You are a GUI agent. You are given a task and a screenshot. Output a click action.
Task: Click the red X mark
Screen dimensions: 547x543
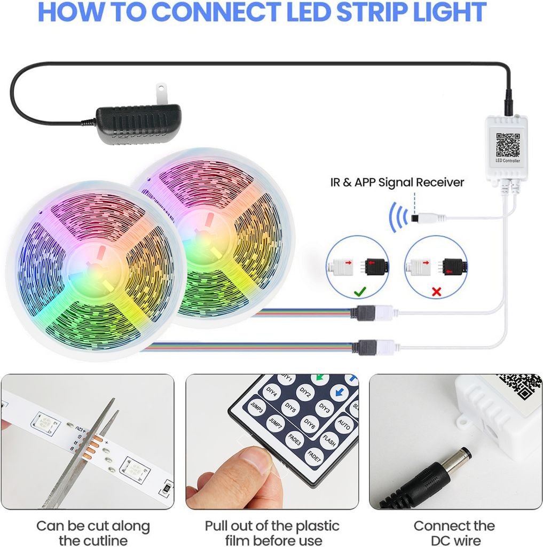[x=436, y=292]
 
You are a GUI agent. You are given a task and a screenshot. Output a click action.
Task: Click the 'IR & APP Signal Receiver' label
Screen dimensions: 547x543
[x=397, y=182]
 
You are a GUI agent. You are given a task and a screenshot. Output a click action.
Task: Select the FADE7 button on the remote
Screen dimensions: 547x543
[x=314, y=456]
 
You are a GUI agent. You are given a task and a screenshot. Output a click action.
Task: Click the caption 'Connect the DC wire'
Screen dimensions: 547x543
[x=454, y=533]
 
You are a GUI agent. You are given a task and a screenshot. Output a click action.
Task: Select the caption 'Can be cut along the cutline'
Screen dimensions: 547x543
[x=93, y=533]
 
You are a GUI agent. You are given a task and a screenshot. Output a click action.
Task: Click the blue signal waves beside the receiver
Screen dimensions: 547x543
[x=396, y=217]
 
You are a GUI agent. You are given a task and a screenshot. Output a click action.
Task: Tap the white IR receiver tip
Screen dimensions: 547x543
[x=429, y=218]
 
